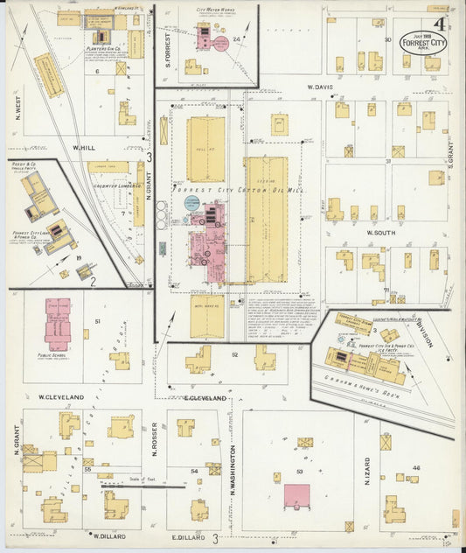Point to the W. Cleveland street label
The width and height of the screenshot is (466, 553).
(61, 397)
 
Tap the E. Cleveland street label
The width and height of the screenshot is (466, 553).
(205, 398)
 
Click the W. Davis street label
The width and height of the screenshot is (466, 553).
(321, 87)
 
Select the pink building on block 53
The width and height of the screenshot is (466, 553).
(296, 494)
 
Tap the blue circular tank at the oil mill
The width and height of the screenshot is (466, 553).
(191, 203)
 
